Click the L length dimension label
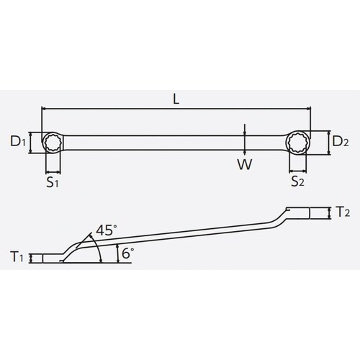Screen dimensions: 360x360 pos(176,100)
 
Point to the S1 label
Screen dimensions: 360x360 pos(53,183)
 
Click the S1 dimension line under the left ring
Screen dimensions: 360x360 pos(53,171)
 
